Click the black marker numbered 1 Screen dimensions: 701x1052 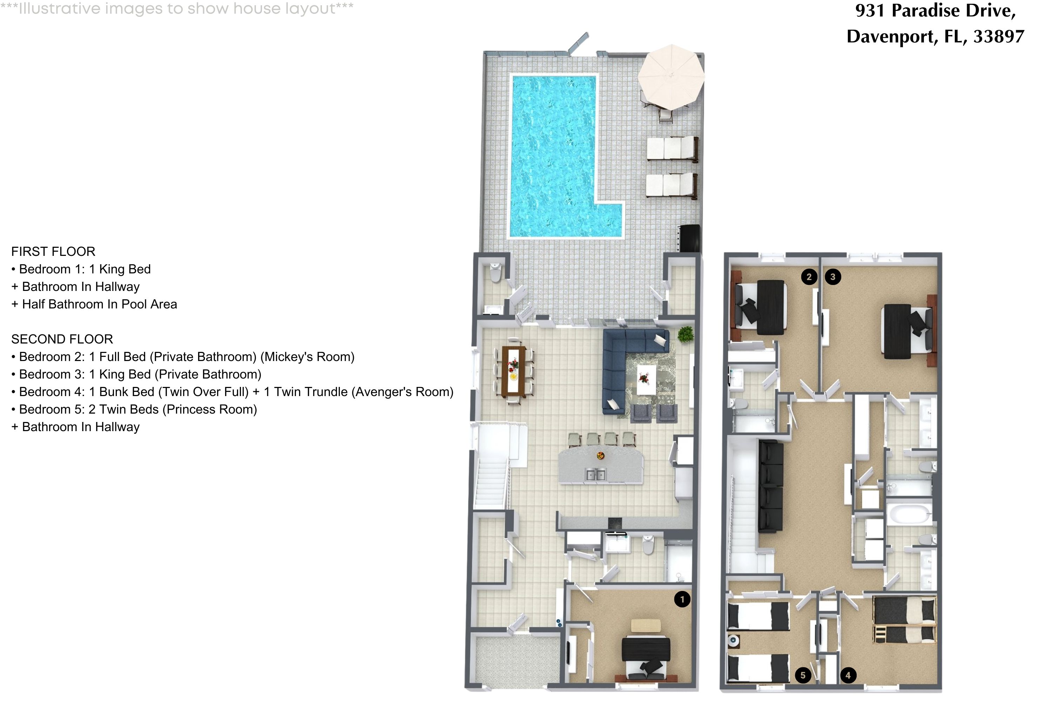pos(682,599)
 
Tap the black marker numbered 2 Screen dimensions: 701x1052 pos(809,277)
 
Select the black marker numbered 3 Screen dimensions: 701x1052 pos(833,277)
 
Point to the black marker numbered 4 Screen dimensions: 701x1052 pos(848,675)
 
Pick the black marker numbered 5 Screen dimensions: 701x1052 pos(803,675)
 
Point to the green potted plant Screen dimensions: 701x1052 pos(685,334)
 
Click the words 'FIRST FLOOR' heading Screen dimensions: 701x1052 pos(53,252)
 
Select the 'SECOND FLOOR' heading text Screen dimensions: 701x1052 pos(62,339)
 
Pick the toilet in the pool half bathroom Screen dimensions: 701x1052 pos(495,273)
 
